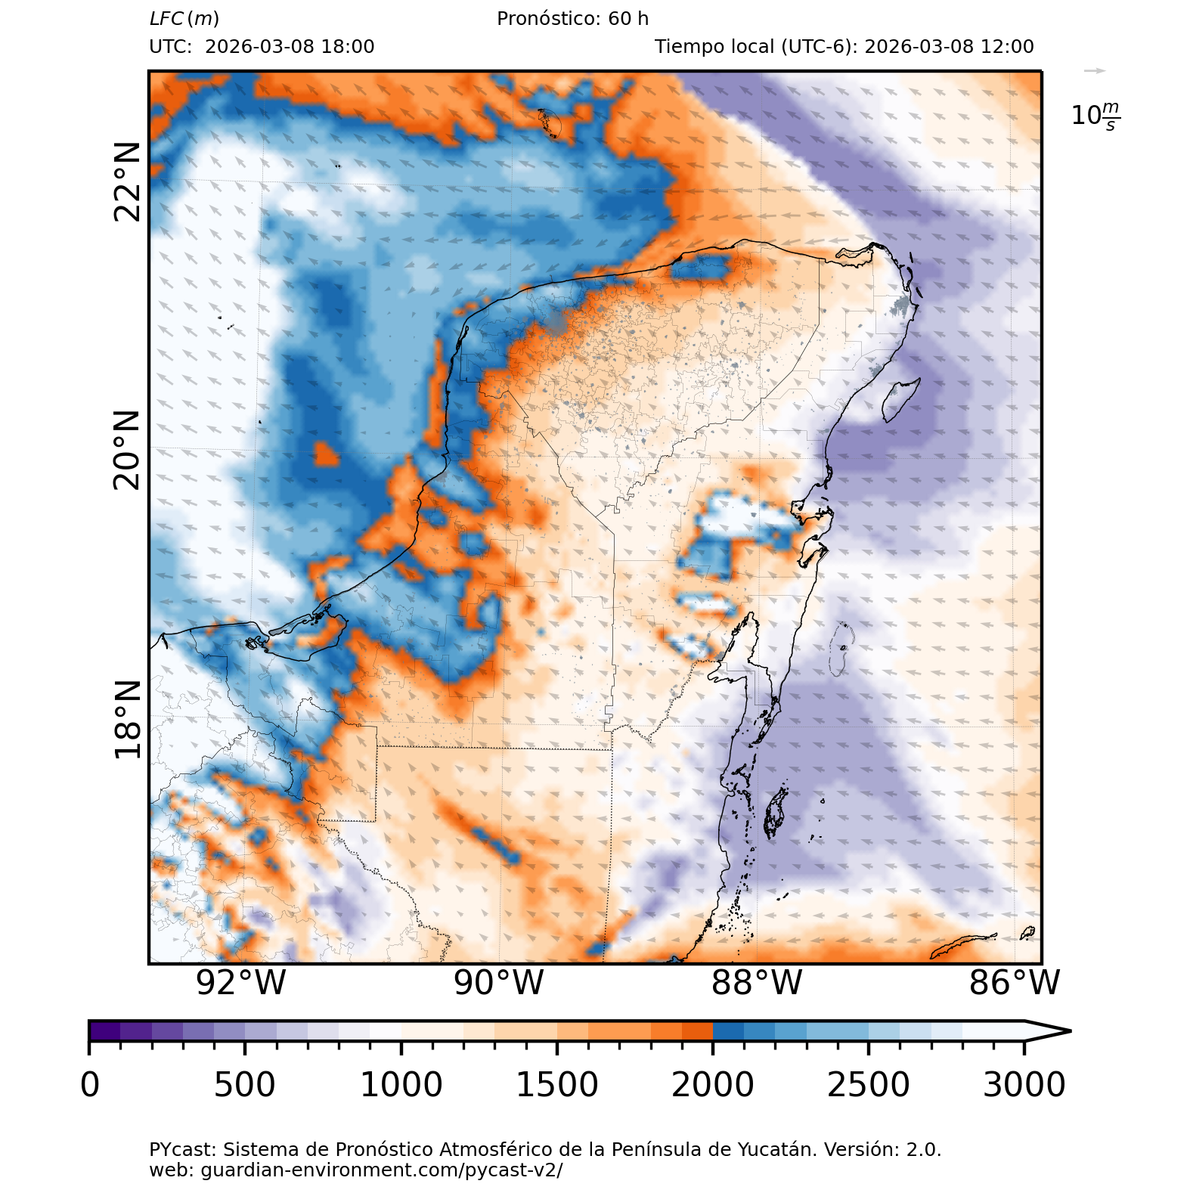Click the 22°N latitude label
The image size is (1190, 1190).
point(128,181)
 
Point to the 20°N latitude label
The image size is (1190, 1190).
point(128,450)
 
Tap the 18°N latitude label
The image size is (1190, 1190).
point(128,718)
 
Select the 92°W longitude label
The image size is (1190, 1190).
point(241,983)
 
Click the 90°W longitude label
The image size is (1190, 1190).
point(499,983)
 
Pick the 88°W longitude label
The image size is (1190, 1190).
point(757,983)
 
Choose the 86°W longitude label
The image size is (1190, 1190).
point(1015,983)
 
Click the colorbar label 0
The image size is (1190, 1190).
point(90,1085)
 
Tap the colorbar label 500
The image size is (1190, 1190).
point(245,1085)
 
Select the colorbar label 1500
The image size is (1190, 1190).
point(556,1085)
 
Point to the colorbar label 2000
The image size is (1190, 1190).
point(712,1085)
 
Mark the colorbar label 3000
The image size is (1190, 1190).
point(1024,1085)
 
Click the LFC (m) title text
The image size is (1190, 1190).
point(184,19)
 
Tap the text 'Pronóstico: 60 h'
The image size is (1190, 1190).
point(572,19)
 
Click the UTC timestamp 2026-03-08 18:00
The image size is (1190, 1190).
point(290,47)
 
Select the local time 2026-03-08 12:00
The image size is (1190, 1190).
point(949,47)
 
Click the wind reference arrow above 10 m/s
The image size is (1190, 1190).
point(1094,71)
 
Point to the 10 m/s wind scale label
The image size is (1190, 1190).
point(1095,116)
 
